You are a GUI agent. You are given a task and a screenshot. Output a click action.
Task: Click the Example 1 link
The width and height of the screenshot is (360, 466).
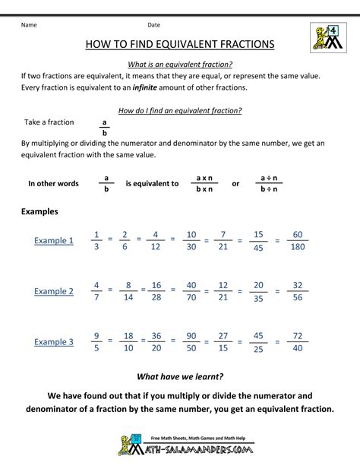click(54, 241)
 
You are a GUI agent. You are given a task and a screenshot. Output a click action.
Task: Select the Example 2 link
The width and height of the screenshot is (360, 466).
click(54, 291)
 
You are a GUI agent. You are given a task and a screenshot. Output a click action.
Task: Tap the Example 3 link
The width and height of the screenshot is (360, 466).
click(54, 342)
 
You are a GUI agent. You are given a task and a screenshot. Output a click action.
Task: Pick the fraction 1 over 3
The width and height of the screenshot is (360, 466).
click(96, 240)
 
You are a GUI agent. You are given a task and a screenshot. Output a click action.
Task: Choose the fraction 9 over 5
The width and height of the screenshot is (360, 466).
click(96, 341)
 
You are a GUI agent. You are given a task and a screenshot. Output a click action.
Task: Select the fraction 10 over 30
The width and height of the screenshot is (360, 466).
click(191, 240)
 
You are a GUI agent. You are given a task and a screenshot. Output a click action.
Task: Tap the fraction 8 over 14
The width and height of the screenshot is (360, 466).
click(128, 291)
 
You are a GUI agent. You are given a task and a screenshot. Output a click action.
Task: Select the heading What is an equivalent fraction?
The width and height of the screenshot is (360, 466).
click(180, 64)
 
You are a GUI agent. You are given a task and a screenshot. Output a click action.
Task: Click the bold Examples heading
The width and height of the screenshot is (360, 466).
click(40, 211)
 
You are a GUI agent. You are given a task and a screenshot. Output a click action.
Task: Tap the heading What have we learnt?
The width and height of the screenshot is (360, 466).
click(180, 376)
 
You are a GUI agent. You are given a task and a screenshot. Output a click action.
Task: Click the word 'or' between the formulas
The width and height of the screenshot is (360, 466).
click(235, 183)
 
